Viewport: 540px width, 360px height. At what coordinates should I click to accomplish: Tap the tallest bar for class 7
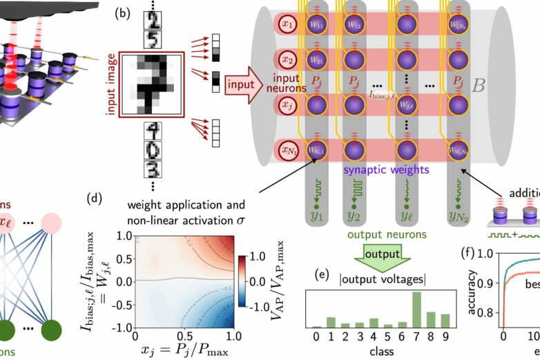[416, 310]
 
